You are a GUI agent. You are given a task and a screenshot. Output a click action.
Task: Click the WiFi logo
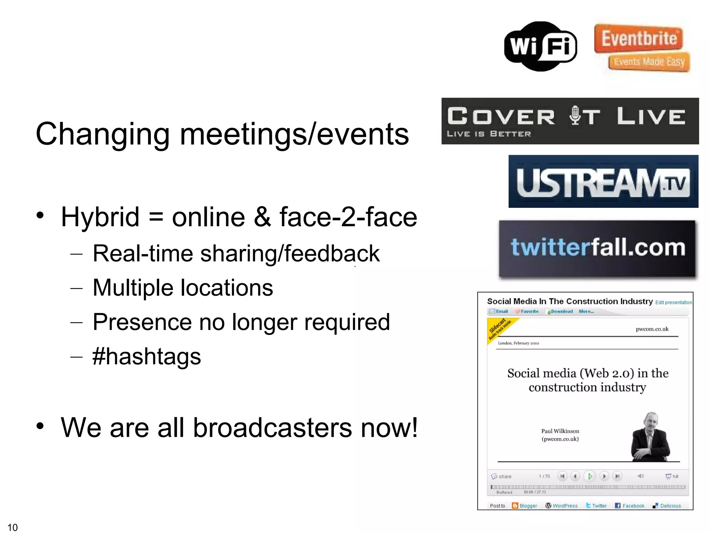point(540,46)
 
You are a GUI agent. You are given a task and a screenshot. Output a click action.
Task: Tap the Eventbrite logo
point(641,47)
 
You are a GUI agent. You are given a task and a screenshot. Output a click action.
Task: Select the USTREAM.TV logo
point(603,181)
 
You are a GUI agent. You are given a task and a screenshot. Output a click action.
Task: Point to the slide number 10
point(12,527)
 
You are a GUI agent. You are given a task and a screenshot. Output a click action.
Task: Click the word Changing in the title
point(102,134)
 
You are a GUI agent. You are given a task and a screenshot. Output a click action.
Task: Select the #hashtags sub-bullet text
point(147,356)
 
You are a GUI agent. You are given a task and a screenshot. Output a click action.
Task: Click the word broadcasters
point(272,428)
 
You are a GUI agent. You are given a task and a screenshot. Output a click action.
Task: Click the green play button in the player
point(590,476)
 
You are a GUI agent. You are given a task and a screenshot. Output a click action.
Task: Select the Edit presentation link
point(673,302)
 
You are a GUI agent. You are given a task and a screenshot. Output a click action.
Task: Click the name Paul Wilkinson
point(560,431)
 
